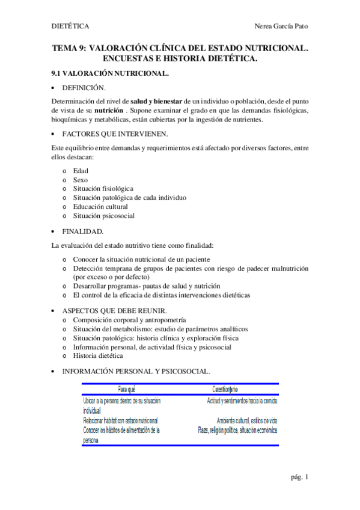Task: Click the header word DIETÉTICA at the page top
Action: pos(70,26)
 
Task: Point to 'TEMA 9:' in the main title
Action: pos(69,50)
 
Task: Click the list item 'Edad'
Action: pos(81,171)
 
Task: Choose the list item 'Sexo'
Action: pos(81,180)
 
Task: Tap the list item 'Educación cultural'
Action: pos(100,207)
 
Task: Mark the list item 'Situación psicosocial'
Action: pos(103,216)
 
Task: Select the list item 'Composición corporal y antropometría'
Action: pos(129,320)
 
